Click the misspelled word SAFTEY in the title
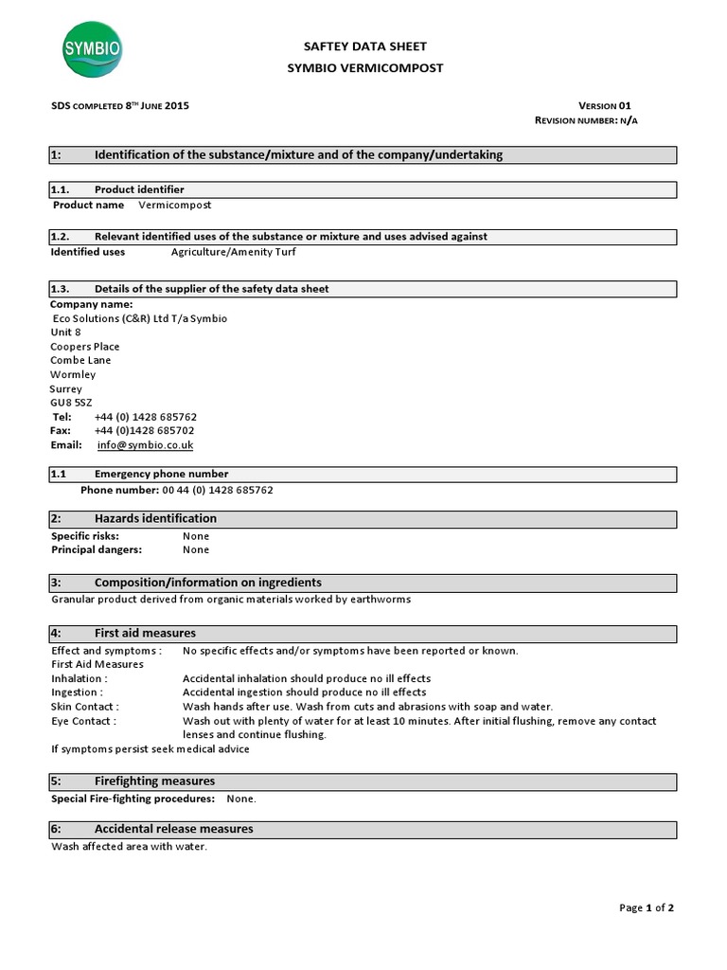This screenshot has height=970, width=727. pos(327,46)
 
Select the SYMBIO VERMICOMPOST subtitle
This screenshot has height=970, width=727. pos(364,68)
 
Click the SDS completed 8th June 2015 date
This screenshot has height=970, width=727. pos(119,106)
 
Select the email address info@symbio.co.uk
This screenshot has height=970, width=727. pos(146,445)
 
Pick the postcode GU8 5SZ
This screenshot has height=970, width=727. pos(71,403)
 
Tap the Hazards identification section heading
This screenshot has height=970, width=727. pos(155,519)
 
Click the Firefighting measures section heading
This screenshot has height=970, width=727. pos(154,781)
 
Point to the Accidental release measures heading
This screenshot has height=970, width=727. pos(173,829)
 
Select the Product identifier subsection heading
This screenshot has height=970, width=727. pos(139,190)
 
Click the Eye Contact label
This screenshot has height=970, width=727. pos(83,721)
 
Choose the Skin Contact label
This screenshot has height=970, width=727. pos(84,707)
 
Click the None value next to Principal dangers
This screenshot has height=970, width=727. pos(196,549)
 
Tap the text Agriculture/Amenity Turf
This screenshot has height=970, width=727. pos(233,252)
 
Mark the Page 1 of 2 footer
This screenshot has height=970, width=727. pos(647,907)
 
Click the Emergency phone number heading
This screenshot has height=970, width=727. pos(161,474)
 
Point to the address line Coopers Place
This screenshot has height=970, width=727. pos(85,347)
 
